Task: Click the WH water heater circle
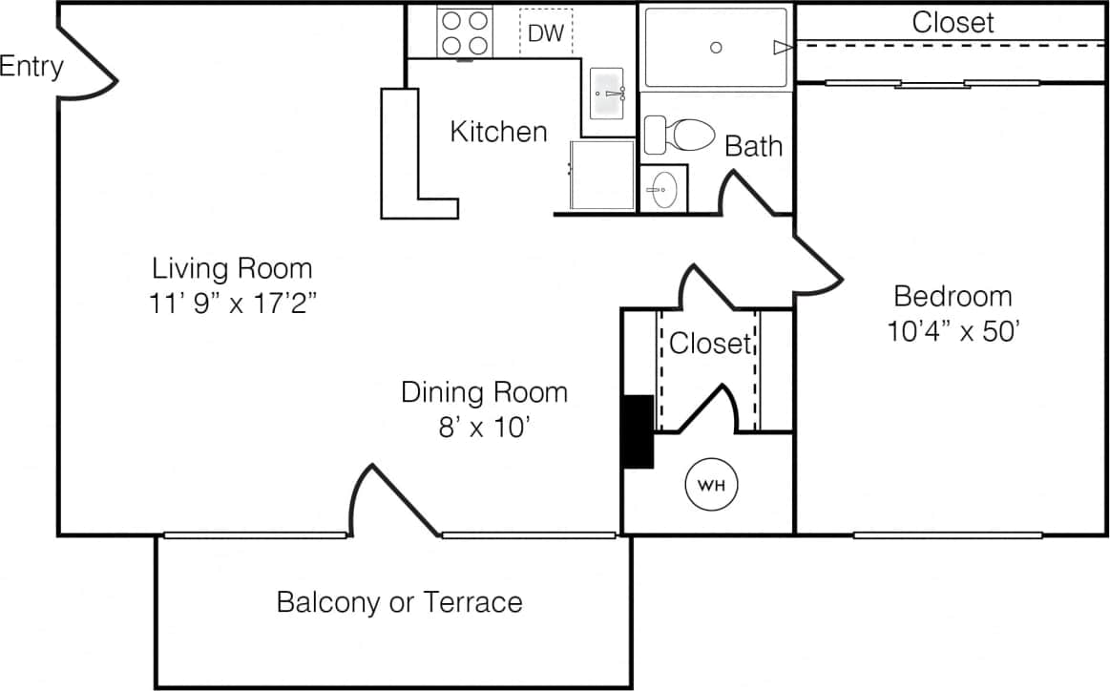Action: [712, 485]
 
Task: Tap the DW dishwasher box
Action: [546, 33]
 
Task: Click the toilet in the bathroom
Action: [679, 135]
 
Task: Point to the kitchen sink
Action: [607, 94]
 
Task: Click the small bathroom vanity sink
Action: [662, 190]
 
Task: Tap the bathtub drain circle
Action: [716, 48]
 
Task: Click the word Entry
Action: [31, 67]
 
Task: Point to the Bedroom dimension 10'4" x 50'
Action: [954, 330]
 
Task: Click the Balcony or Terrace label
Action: [399, 602]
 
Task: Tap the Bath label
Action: [753, 146]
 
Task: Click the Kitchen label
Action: [498, 132]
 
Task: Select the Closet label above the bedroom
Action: [953, 22]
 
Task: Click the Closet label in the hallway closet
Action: [710, 344]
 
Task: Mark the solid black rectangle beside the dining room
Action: [637, 431]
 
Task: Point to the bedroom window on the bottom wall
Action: [946, 534]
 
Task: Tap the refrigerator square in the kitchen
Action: [602, 175]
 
